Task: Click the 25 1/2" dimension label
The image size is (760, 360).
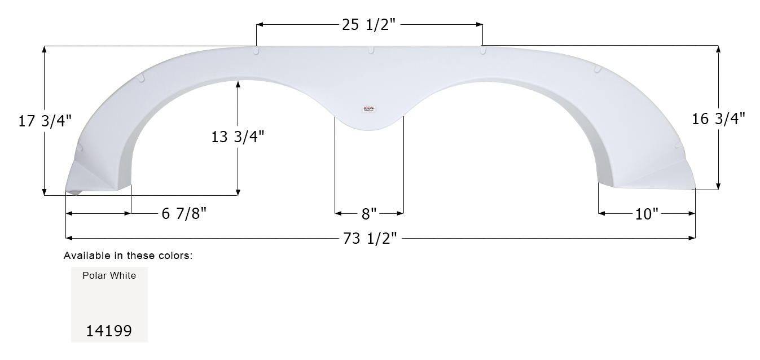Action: (370, 24)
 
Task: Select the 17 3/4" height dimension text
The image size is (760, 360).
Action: (45, 121)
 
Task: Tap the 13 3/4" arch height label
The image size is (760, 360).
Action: (238, 137)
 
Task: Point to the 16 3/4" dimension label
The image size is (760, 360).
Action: (718, 118)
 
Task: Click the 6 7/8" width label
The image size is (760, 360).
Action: (184, 214)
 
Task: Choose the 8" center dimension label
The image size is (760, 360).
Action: (369, 214)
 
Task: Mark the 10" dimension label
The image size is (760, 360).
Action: (647, 214)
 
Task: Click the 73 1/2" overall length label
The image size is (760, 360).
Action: (371, 239)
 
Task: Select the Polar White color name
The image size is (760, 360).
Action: (109, 275)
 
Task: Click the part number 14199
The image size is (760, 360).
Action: (109, 331)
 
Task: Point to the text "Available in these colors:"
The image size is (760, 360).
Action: (128, 256)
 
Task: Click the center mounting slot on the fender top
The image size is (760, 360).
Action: (371, 50)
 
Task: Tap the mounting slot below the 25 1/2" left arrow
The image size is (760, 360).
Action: (257, 51)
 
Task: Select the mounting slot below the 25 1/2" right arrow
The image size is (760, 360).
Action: (482, 51)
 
